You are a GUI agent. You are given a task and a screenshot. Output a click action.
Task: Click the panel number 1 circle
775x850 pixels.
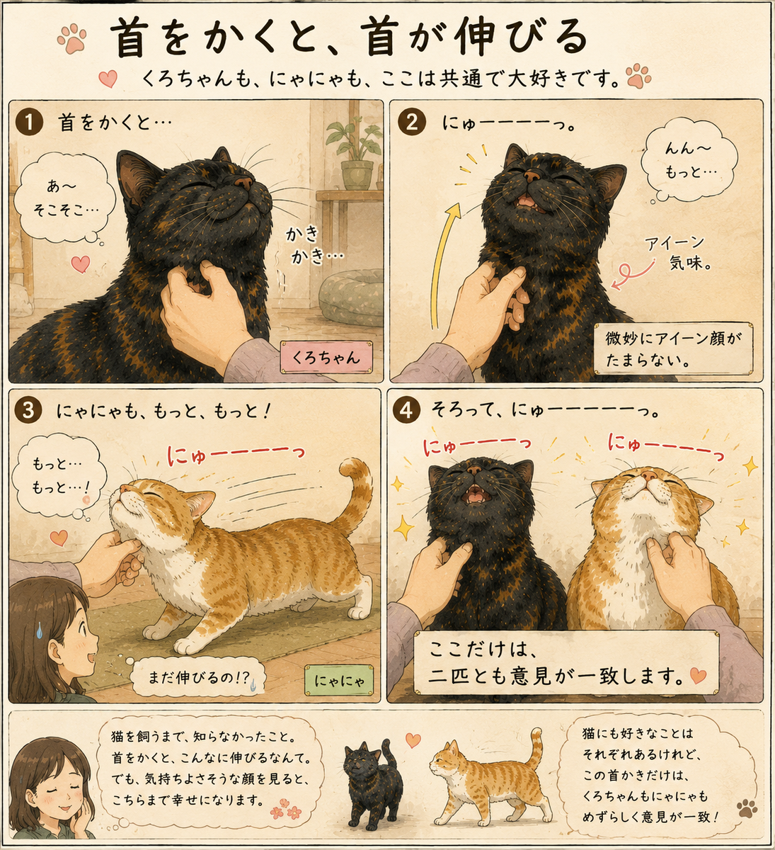[x=29, y=122]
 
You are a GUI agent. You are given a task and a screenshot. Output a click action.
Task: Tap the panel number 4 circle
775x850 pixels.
[x=406, y=410]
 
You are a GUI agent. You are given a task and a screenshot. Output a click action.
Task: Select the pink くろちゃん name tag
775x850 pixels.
[x=326, y=357]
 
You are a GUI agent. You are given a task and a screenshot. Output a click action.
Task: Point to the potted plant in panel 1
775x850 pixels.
[x=355, y=152]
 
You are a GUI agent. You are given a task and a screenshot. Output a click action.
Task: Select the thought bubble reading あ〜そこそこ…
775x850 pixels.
[x=64, y=197]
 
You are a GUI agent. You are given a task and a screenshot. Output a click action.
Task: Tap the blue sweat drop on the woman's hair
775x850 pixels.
[x=40, y=630]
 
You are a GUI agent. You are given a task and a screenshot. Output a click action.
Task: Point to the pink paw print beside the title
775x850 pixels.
[x=72, y=39]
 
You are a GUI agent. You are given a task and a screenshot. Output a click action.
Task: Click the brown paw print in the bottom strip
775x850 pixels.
[x=747, y=808]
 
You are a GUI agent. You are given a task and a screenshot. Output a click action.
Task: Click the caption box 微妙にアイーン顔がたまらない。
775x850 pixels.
[x=673, y=349]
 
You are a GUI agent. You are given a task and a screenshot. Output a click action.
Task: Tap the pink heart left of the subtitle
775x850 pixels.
[x=108, y=79]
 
